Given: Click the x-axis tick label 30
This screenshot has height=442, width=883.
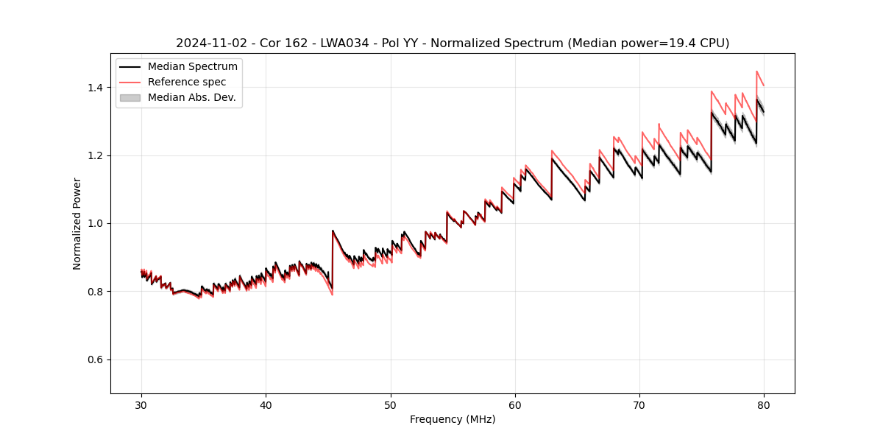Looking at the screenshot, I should click(142, 404).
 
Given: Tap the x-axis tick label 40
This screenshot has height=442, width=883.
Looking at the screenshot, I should click(266, 404).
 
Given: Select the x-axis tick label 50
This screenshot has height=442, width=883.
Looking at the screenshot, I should click(391, 404).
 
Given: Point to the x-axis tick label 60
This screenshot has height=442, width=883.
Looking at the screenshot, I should click(515, 404).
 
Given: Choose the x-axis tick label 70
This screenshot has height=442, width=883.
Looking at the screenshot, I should click(639, 404).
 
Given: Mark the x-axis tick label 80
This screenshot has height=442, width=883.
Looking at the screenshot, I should click(764, 404).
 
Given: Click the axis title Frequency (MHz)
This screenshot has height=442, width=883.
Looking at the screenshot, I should click(453, 419).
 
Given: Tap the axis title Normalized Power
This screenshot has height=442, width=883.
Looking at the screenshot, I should click(77, 223).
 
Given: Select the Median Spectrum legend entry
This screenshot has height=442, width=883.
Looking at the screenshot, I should click(192, 67).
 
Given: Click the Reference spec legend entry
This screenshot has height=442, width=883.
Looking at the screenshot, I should click(187, 83).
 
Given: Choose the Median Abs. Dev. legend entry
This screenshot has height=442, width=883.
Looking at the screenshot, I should click(191, 98).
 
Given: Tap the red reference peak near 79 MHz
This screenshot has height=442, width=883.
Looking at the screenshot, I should click(756, 72).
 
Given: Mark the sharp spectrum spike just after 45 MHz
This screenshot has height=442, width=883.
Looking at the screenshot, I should click(333, 231).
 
